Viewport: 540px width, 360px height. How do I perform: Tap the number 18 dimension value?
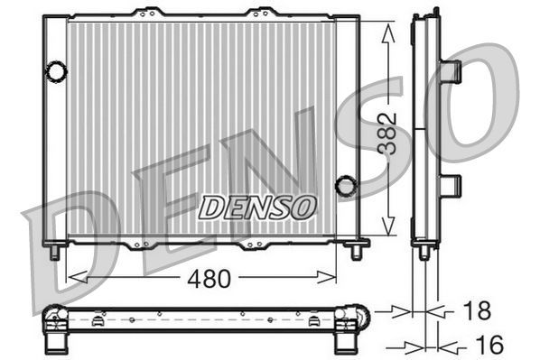(476, 311)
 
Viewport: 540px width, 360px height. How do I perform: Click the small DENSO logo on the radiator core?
(257, 208)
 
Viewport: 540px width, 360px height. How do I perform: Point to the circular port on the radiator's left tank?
(56, 69)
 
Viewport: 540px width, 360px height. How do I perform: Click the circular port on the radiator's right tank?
(345, 186)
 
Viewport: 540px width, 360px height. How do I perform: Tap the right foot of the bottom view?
(344, 341)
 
